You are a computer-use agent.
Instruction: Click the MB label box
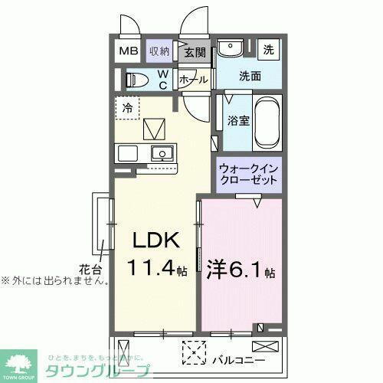(126, 51)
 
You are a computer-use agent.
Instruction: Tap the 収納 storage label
(159, 51)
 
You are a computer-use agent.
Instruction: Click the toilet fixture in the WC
(137, 80)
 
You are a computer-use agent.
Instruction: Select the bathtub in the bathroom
(267, 123)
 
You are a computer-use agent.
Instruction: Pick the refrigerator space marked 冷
(128, 108)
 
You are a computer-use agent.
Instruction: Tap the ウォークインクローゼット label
(247, 174)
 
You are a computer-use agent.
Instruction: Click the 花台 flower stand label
(90, 268)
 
